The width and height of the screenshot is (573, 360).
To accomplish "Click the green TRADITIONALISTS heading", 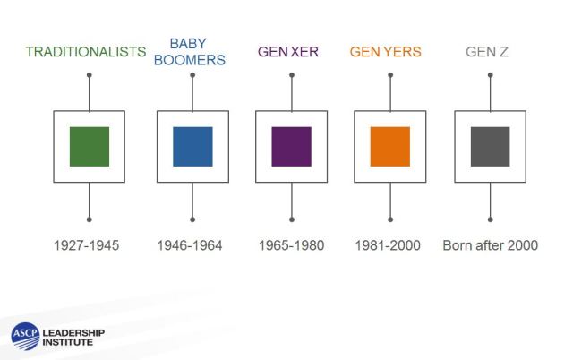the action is [x=86, y=52].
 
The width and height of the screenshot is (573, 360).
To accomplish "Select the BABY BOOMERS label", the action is [x=189, y=52].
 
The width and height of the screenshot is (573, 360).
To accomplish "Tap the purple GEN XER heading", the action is [x=288, y=52].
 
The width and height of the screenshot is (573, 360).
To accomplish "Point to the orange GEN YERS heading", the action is [x=386, y=52].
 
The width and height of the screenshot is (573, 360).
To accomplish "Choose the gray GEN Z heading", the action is [x=487, y=52].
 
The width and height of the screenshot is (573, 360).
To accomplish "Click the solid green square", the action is [x=90, y=147].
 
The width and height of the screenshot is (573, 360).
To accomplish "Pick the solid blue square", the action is [x=192, y=147].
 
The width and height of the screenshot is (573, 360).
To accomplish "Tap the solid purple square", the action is [x=292, y=147].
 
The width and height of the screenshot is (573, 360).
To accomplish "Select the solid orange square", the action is [x=390, y=147].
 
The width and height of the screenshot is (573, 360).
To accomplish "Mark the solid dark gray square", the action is [x=490, y=147].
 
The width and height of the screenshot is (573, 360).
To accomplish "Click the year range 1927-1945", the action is [x=86, y=245].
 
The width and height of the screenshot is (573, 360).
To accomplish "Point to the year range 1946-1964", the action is [x=190, y=245].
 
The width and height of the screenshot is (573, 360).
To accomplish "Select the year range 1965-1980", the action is [x=291, y=245].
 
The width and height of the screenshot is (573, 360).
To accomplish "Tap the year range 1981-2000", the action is [x=388, y=245].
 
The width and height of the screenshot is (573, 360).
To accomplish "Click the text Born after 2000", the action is [x=490, y=245].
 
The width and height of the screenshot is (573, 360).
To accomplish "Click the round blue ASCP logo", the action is [x=25, y=336].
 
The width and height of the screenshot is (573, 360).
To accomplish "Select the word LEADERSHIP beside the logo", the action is [x=73, y=332].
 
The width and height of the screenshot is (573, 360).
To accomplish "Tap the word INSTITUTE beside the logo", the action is [x=68, y=342].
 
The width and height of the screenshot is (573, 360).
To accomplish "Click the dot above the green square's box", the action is [x=90, y=75].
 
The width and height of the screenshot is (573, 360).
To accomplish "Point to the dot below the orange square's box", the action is [x=390, y=219].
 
